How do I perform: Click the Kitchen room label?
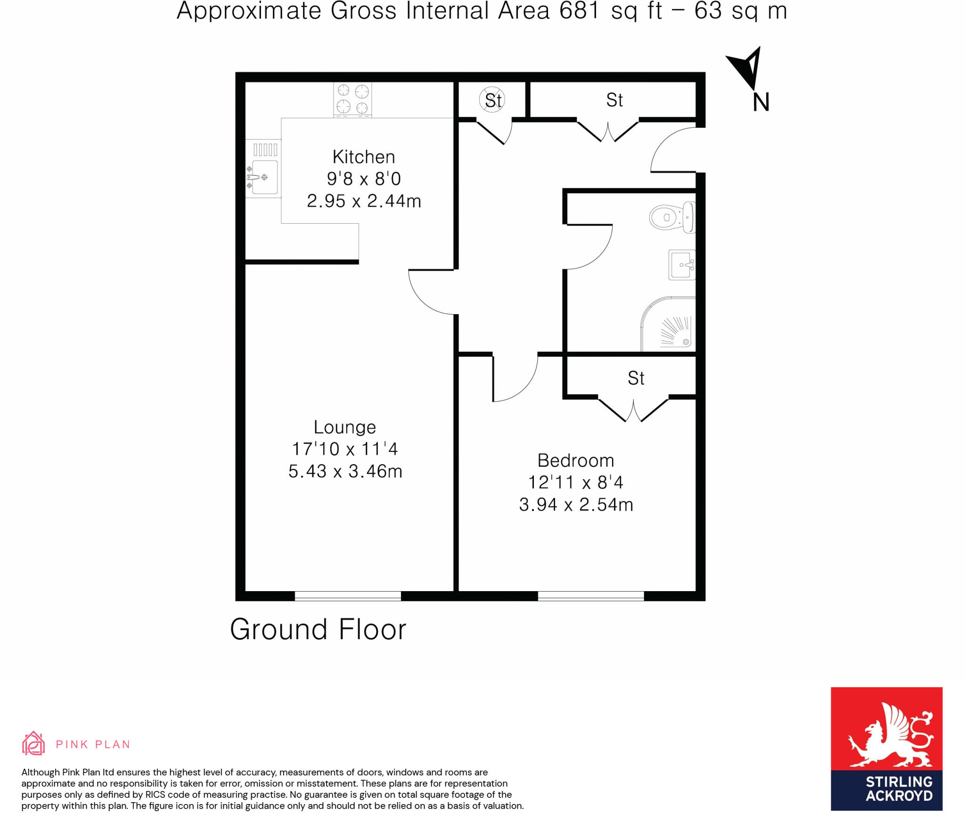click(x=363, y=157)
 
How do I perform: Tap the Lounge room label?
click(x=345, y=427)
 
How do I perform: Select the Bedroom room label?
click(x=576, y=460)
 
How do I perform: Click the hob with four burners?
click(x=352, y=99)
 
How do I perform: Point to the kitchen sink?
click(x=264, y=177)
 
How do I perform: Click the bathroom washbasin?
click(x=682, y=265)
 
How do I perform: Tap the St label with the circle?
click(x=493, y=100)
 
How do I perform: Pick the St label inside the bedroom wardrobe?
click(x=636, y=378)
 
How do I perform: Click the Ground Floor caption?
click(x=318, y=630)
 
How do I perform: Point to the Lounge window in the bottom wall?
click(x=348, y=596)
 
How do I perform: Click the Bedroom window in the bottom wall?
click(x=591, y=596)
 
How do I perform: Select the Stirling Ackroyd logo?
click(x=886, y=748)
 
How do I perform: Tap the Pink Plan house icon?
click(x=33, y=743)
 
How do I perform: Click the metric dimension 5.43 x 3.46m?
click(x=345, y=472)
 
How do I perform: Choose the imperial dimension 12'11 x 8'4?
click(x=576, y=482)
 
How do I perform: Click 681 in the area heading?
click(x=579, y=11)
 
